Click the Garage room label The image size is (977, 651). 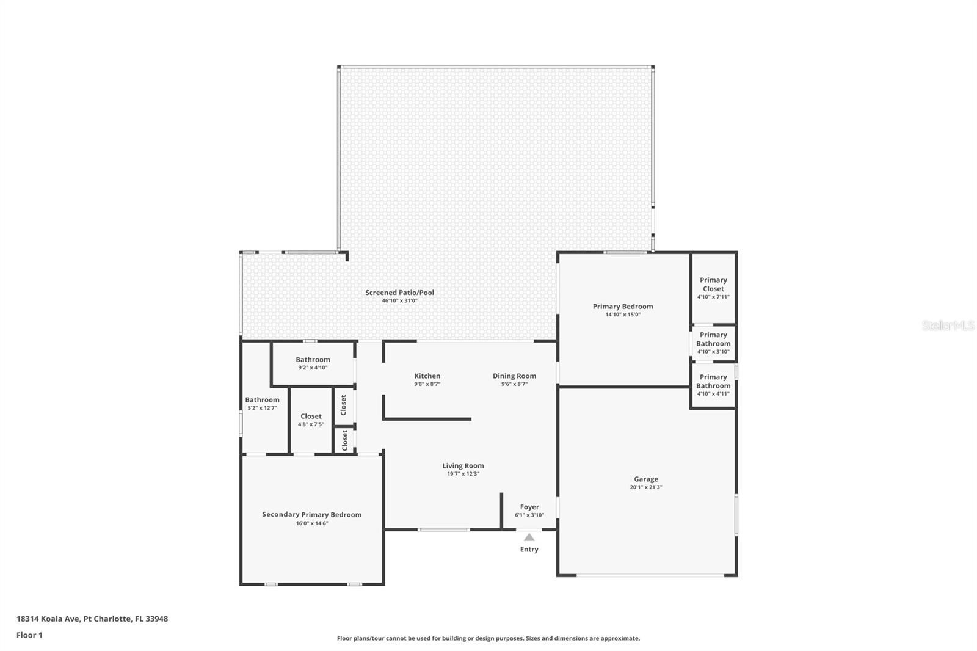pos(646,479)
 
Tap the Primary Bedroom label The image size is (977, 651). pos(623,307)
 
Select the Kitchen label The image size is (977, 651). pos(427,376)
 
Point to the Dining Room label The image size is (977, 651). pos(515,376)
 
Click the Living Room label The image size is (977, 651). pos(463,465)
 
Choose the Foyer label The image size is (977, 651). pos(529,507)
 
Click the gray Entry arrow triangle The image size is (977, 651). pos(529,537)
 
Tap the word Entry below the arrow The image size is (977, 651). pos(529,550)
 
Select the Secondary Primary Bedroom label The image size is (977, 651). pos(312,515)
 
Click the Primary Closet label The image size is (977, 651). pos(714,285)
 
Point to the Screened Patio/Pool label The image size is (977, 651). pos(400,293)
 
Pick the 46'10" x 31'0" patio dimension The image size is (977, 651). pos(400,300)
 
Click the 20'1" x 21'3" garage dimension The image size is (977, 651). pos(646,487)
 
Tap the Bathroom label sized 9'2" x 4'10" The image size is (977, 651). pos(313,360)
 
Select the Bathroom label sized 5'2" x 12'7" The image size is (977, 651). pos(262,399)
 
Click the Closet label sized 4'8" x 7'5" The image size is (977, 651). pos(311,416)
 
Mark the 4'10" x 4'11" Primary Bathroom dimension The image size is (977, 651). pos(713,393)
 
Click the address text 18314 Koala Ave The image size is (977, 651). pos(48,619)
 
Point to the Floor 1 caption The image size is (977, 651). pos(30,635)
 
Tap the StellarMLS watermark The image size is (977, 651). pos(948,325)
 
